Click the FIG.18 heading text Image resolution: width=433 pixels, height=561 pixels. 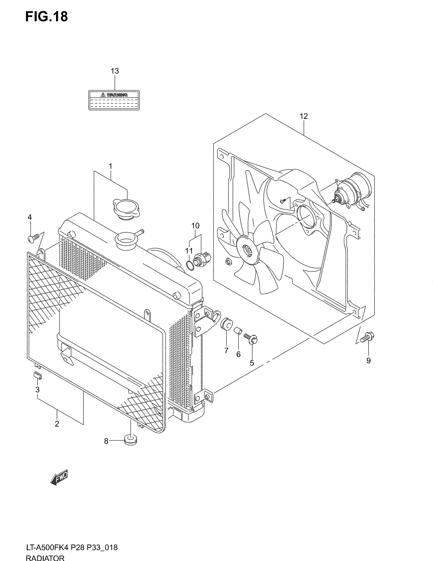coord(46,17)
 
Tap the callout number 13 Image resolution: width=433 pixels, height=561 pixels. coord(115,71)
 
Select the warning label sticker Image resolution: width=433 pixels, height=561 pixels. coord(114,100)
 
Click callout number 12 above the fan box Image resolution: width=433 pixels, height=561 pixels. coord(304,116)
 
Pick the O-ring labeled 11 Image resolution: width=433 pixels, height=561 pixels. coord(189,265)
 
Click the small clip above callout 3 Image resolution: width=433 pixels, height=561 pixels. coord(38,375)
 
